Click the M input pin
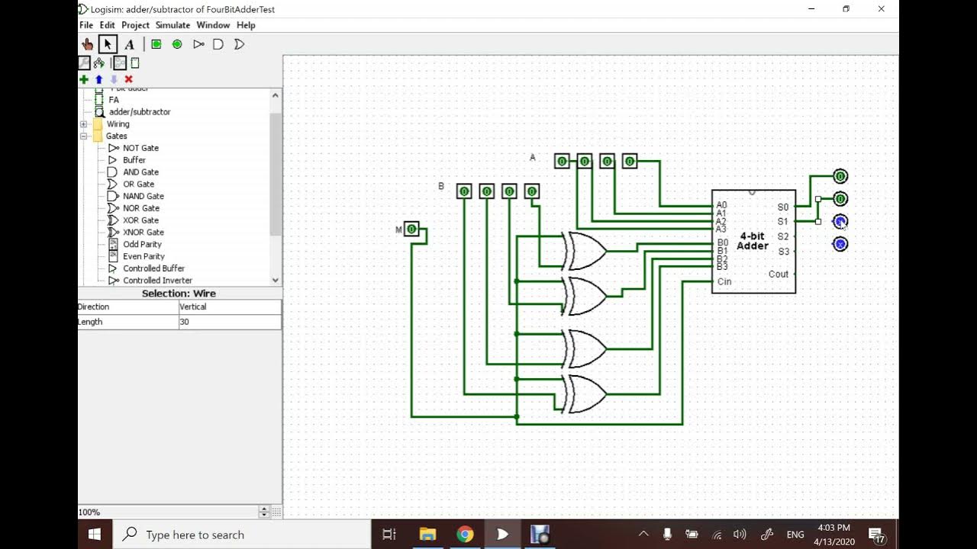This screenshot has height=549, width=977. pyautogui.click(x=411, y=229)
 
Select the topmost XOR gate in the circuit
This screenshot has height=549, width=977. pyautogui.click(x=585, y=251)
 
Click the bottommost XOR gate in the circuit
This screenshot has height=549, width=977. pyautogui.click(x=585, y=393)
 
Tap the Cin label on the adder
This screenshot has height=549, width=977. pyautogui.click(x=724, y=281)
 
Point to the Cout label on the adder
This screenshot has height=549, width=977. pyautogui.click(x=779, y=274)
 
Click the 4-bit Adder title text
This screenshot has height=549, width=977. pyautogui.click(x=752, y=241)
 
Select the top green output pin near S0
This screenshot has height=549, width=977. pyautogui.click(x=840, y=176)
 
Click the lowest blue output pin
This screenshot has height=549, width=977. pyautogui.click(x=840, y=244)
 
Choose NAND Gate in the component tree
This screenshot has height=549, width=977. pyautogui.click(x=143, y=196)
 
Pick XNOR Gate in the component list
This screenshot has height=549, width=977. pyautogui.click(x=143, y=232)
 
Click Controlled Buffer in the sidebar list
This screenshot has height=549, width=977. pyautogui.click(x=153, y=268)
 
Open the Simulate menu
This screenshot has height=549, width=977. pyautogui.click(x=173, y=25)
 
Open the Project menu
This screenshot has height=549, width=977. pyautogui.click(x=135, y=25)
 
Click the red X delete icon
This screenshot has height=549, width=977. pyautogui.click(x=128, y=79)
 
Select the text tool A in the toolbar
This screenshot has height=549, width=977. pyautogui.click(x=129, y=44)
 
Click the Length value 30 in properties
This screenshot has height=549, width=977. pyautogui.click(x=229, y=322)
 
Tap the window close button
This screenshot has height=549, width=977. pyautogui.click(x=881, y=9)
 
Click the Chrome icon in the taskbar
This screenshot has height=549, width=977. pyautogui.click(x=465, y=534)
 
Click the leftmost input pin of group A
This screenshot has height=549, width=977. pyautogui.click(x=562, y=161)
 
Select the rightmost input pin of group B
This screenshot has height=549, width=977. pyautogui.click(x=532, y=191)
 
